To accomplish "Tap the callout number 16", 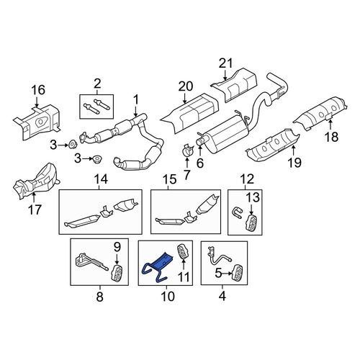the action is tap(38, 90).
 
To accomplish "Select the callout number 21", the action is tap(225, 63).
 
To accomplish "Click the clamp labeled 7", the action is tap(188, 150).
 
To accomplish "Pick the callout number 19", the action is tap(294, 163).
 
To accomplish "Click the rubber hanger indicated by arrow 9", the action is tap(117, 272).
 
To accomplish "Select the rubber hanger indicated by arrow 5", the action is tap(236, 272).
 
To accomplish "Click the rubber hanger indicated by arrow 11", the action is tap(183, 253).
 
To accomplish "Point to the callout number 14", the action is tap(101, 179).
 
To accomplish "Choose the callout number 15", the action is tap(169, 179).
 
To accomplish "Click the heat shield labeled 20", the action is tap(189, 114).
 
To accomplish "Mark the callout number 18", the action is tap(332, 137).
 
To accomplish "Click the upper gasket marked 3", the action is tap(72, 145).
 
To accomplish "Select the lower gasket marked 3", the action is tap(96, 159).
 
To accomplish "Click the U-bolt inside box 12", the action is tap(237, 213).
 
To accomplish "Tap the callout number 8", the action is tap(99, 297).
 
